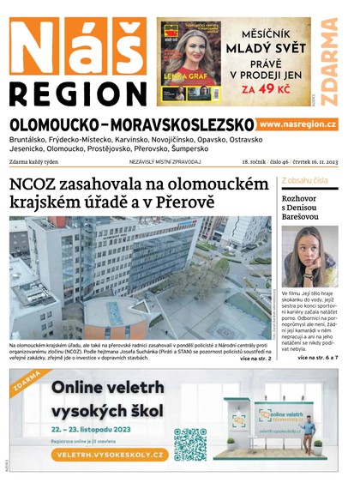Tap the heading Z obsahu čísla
[304, 180]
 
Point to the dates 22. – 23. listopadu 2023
[95, 427]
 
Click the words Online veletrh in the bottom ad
[106, 389]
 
